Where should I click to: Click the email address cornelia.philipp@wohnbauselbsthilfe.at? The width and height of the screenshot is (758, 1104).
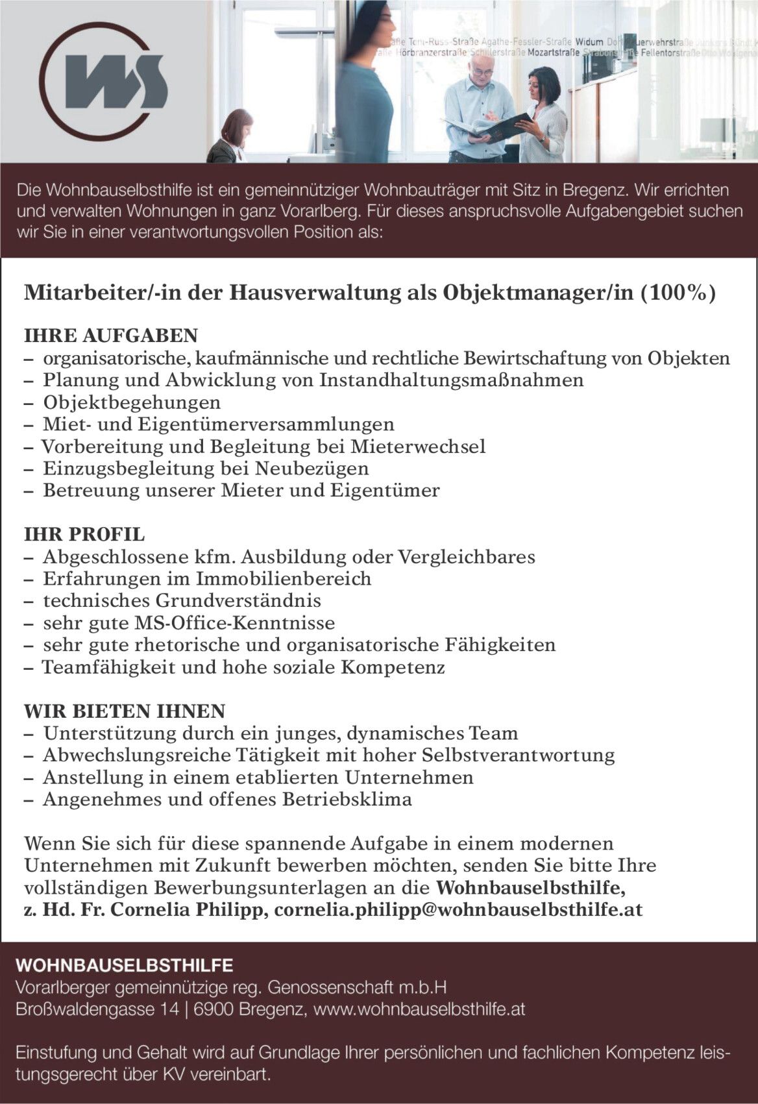[458, 910]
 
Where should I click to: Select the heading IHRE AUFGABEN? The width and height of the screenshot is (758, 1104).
[110, 336]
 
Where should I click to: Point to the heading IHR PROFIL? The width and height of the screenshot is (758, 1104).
[84, 535]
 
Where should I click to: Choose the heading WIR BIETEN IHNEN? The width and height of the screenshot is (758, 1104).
[125, 711]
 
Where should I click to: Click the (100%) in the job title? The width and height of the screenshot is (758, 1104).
[678, 293]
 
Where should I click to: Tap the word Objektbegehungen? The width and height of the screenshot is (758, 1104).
[132, 402]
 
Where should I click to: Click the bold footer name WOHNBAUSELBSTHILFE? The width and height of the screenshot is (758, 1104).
[125, 965]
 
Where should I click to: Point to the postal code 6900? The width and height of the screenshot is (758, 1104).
[212, 1009]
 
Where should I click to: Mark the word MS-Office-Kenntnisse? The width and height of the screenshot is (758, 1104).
[234, 624]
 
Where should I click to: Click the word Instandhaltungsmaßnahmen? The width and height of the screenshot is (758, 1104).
[451, 380]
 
